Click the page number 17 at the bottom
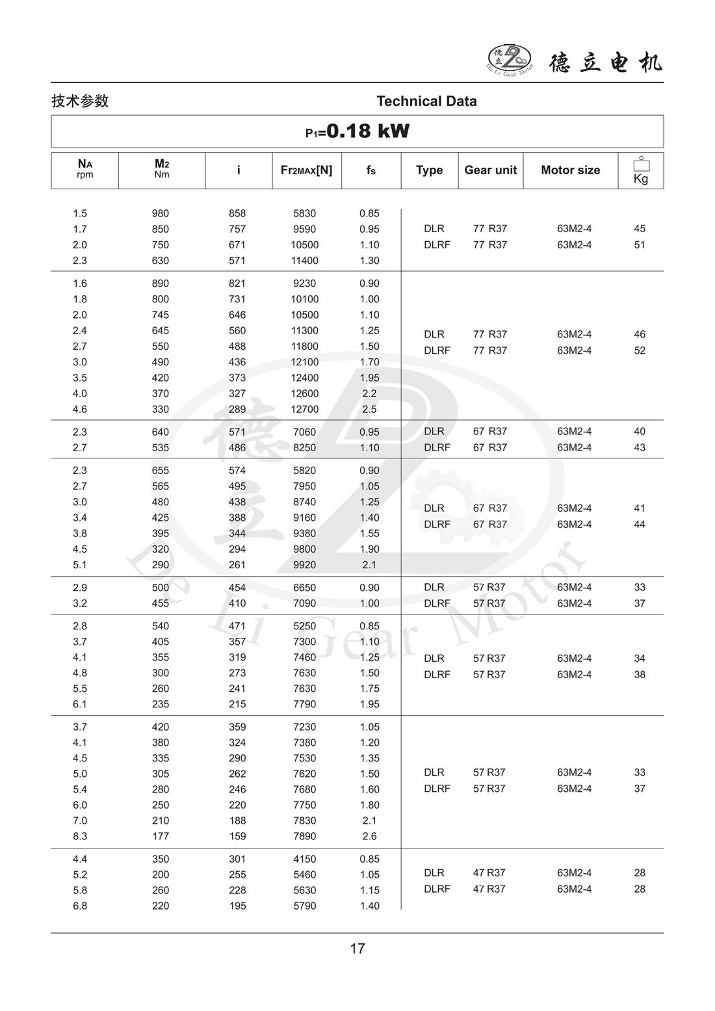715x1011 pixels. click(x=357, y=949)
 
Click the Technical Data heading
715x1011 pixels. click(x=426, y=101)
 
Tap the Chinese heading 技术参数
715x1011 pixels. click(x=80, y=101)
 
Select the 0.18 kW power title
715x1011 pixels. click(x=357, y=131)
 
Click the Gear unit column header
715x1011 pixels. click(x=490, y=170)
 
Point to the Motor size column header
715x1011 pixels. click(x=570, y=170)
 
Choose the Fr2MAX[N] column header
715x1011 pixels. click(x=306, y=170)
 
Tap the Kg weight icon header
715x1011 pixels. click(x=641, y=170)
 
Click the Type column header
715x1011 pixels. click(x=429, y=170)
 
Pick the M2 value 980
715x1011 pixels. click(x=160, y=214)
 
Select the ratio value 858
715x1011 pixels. click(x=237, y=214)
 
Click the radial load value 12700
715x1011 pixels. click(x=305, y=410)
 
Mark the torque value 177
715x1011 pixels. click(x=160, y=837)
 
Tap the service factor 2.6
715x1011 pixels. click(x=369, y=837)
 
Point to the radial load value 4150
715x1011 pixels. click(x=305, y=860)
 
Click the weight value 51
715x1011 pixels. click(x=640, y=245)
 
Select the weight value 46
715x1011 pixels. click(x=640, y=335)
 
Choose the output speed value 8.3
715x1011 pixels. click(x=80, y=837)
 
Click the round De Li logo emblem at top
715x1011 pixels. click(x=510, y=59)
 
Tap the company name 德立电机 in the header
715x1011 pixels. click(x=606, y=62)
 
